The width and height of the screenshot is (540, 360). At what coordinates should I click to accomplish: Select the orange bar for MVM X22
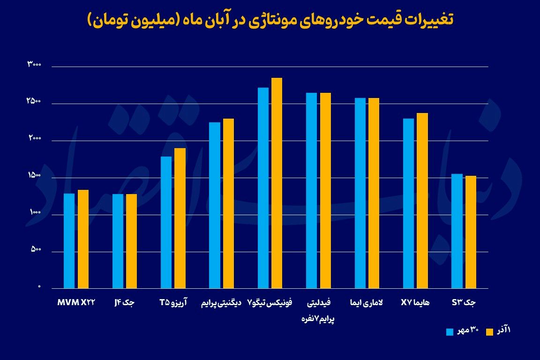click(83, 239)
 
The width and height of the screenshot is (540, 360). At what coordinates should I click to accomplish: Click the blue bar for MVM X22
click(69, 241)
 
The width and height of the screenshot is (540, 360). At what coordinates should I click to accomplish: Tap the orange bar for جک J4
click(131, 241)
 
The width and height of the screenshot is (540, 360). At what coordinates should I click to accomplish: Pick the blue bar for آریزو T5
click(166, 222)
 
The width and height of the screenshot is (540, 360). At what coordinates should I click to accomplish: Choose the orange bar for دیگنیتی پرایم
click(228, 203)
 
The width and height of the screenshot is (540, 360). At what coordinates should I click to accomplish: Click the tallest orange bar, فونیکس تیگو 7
click(277, 183)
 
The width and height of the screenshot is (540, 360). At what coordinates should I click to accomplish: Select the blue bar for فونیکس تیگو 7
click(263, 187)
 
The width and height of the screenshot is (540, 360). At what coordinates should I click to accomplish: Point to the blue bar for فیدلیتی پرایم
click(311, 190)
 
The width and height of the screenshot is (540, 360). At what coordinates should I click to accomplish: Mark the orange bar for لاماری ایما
click(374, 193)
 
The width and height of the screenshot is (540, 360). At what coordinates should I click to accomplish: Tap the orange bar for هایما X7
click(422, 201)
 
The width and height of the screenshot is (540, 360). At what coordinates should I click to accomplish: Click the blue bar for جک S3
click(457, 231)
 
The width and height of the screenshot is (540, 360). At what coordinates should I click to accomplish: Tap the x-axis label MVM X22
click(76, 303)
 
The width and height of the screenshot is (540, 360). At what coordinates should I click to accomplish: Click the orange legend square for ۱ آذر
click(489, 332)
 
